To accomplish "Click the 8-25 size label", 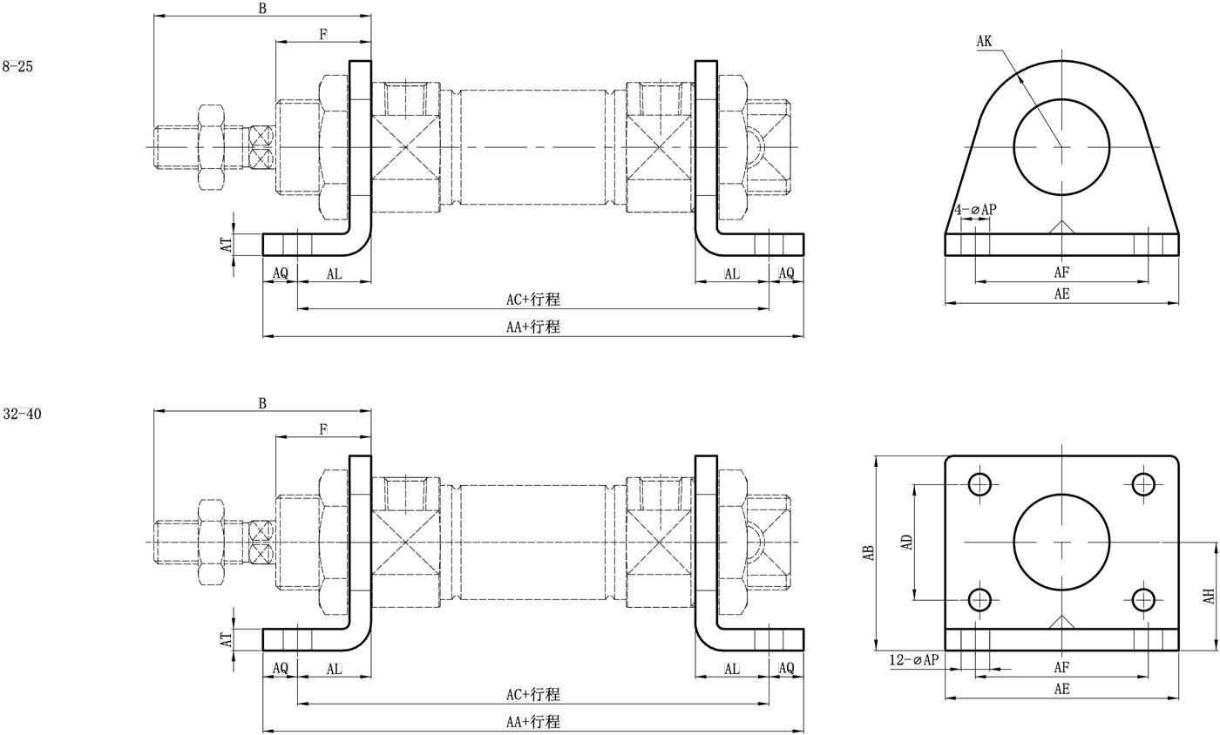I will pos(17,66).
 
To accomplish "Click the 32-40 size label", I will pos(22,415).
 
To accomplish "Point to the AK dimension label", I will pos(984,42).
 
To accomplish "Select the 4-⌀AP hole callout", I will pos(974,210).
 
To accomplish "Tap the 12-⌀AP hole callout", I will pos(914,660).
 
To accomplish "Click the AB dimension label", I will pos(869,552).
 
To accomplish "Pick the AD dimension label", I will pos(907,542).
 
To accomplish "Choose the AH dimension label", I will pos(1209,597).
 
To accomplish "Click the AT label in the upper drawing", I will pos(227,245).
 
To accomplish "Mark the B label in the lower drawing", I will pos(262,403).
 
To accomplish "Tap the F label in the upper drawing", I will pos(323,35).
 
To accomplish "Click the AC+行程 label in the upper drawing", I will pos(533,300).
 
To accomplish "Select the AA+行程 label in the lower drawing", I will pos(533,722).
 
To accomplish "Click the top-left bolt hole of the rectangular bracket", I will pos(980,483).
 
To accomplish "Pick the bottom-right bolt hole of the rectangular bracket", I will pos(1143,599).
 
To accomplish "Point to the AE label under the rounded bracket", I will pos(1061,294).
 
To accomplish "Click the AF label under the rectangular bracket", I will pos(1061,668).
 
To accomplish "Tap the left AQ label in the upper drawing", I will pos(280,273).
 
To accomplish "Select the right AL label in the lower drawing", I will pos(732,669).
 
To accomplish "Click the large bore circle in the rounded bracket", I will pos(1061,146).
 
